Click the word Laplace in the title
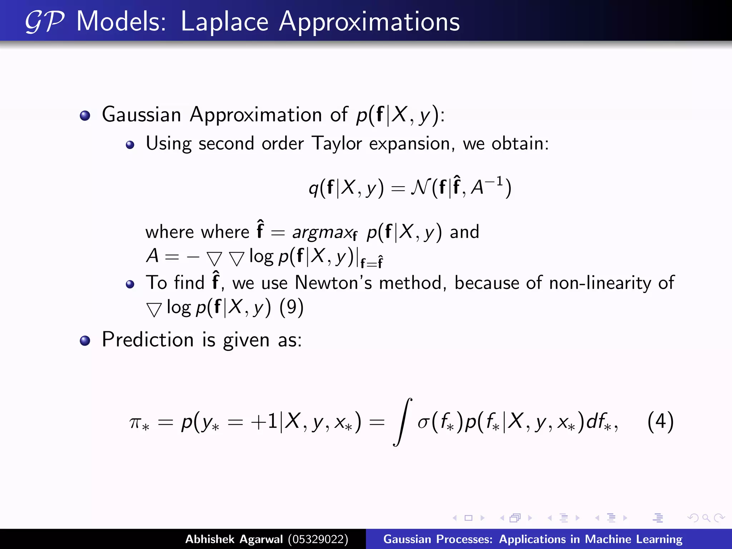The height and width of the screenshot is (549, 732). [224, 22]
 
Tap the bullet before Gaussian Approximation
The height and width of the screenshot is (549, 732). [85, 116]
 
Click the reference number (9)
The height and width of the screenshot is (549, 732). [291, 307]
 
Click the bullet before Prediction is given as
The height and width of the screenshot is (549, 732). [85, 341]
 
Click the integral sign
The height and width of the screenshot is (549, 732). [402, 422]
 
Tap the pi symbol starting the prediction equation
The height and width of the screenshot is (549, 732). [135, 422]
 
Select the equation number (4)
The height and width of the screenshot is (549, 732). [660, 422]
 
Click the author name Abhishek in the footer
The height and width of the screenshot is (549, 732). [210, 539]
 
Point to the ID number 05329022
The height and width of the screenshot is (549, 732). [318, 539]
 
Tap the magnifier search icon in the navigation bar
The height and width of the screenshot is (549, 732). [706, 518]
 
